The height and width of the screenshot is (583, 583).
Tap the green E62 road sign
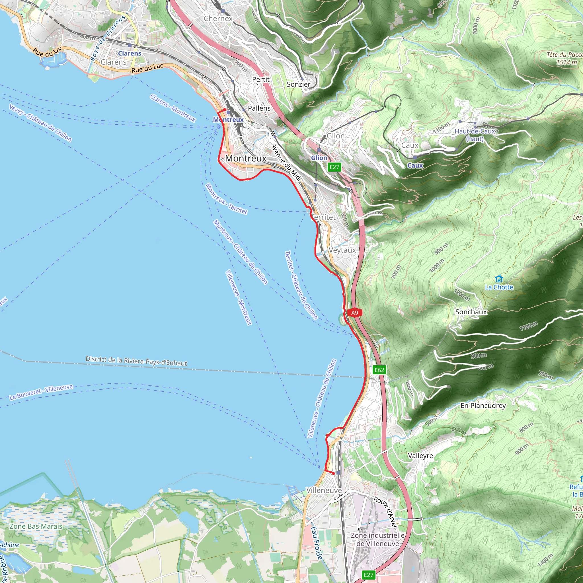coord(379,370)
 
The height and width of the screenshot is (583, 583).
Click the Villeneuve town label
coord(324,490)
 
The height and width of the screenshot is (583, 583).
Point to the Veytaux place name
coord(342,250)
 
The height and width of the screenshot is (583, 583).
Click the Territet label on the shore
coord(323,217)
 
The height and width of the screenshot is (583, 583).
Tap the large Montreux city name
coord(246,158)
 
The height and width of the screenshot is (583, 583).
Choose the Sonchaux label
coord(471,312)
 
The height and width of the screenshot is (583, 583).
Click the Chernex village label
coord(218,19)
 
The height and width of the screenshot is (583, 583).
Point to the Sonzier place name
coord(298,84)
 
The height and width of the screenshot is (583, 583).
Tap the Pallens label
coord(259,108)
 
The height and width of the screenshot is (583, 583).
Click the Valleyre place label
coord(420,456)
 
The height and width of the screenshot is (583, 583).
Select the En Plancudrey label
coord(483,406)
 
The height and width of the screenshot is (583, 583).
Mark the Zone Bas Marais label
coord(36,526)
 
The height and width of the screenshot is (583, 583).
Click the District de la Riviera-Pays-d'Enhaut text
coord(136,361)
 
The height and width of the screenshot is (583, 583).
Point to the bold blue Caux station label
coord(415,165)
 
